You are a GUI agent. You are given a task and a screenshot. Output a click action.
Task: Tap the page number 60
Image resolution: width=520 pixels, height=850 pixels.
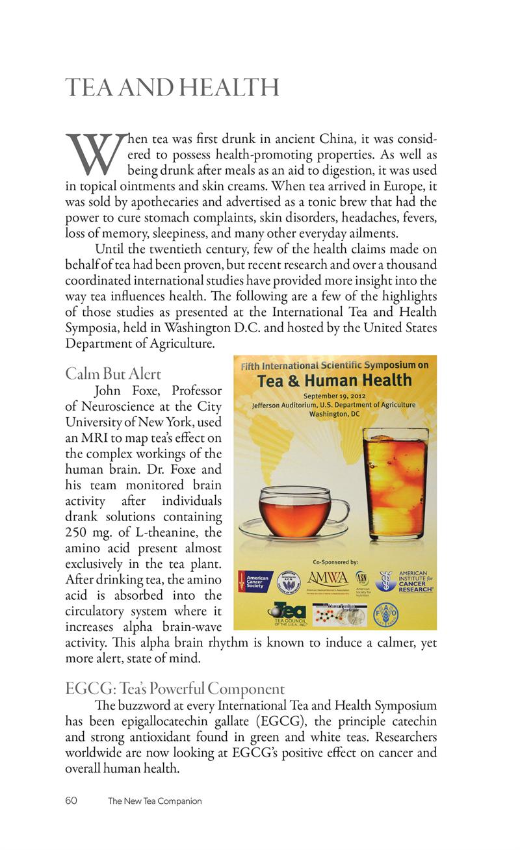pos(71,801)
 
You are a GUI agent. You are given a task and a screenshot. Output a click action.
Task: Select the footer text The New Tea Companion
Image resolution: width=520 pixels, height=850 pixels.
pos(155,801)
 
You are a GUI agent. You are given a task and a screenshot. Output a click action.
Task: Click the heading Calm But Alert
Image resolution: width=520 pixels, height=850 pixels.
pos(113,374)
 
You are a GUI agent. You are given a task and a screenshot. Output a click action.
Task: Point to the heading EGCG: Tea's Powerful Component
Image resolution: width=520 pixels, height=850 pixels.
pos(175,688)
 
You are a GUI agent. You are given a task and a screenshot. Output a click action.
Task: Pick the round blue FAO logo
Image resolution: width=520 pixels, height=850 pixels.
pos(385,613)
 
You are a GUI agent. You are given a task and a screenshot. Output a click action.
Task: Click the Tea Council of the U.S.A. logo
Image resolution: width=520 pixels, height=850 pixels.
pos(287,614)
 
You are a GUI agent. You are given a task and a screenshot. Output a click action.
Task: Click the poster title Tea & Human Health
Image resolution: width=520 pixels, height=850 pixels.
pos(335,380)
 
